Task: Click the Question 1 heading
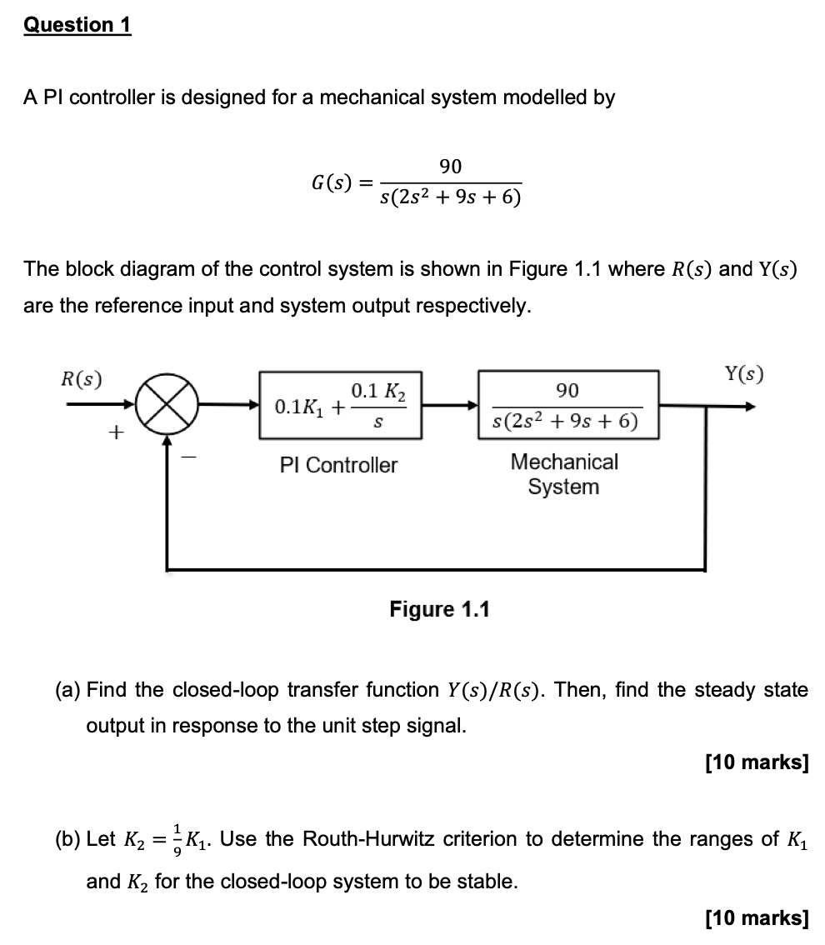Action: [77, 25]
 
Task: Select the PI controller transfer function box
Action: [340, 405]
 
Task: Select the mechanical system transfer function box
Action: [567, 405]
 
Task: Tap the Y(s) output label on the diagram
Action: [742, 373]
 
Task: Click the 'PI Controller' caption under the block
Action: [339, 465]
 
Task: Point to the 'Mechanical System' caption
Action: [564, 474]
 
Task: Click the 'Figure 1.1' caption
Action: [439, 609]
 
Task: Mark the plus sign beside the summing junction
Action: [116, 432]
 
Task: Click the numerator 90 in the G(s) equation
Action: [450, 167]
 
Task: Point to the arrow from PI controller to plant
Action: [449, 406]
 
